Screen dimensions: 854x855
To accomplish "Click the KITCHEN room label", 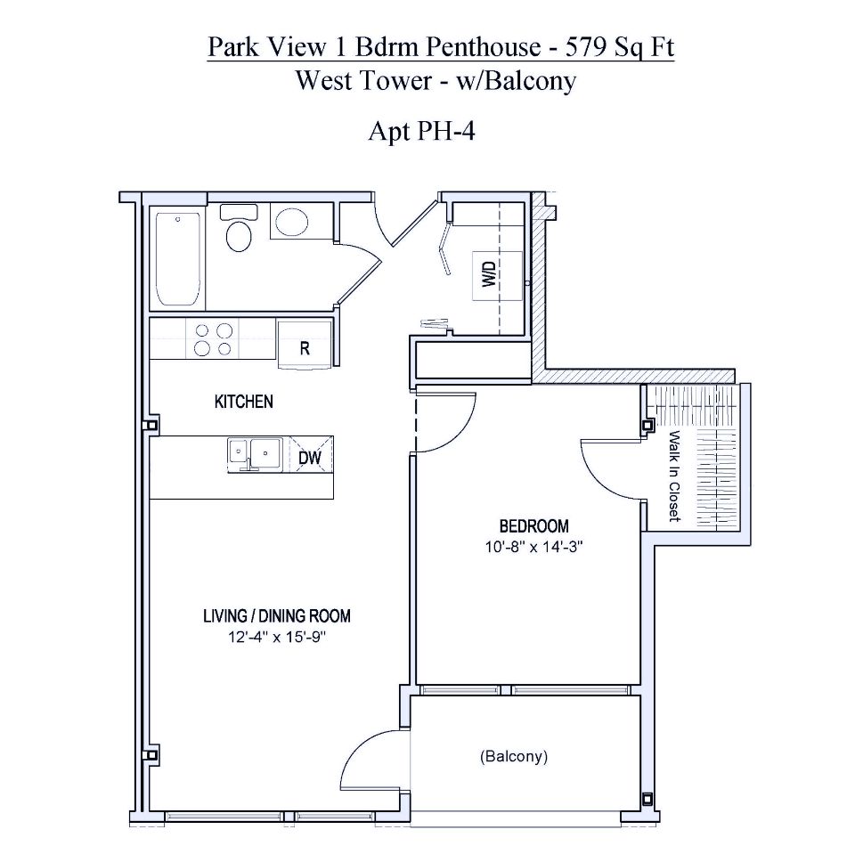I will pos(243,402).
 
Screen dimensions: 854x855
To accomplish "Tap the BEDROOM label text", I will pos(533,526).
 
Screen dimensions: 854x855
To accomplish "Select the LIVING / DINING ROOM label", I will pos(276,615).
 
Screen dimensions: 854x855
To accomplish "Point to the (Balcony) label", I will pos(513,757).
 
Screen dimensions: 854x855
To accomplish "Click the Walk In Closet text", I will pos(674,476).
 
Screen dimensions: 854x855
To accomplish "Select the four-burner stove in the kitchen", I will pos(213,338).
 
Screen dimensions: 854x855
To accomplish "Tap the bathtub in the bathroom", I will pos(176,258).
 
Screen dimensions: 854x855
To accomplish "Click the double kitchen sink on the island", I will pos(254,453).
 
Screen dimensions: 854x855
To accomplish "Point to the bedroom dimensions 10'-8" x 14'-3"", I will pos(533,548).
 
